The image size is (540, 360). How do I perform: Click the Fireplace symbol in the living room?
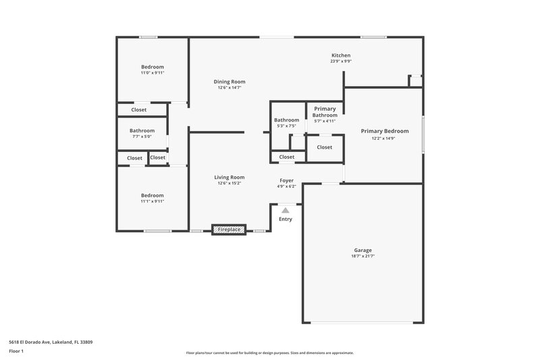point(230,230)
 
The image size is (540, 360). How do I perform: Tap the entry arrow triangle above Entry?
point(286,211)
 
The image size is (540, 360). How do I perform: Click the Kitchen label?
point(341,55)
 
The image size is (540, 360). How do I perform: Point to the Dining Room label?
point(230,82)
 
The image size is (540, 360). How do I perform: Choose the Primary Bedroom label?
point(384,131)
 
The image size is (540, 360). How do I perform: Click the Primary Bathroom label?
point(325,112)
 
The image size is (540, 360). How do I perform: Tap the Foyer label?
point(287,180)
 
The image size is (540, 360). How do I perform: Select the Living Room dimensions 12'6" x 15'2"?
point(230,183)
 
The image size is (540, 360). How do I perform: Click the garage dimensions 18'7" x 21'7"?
point(362,256)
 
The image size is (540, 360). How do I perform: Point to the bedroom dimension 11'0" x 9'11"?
point(153,73)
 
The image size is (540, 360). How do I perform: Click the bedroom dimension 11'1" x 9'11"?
point(153,201)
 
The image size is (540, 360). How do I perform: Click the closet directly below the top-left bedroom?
point(139,109)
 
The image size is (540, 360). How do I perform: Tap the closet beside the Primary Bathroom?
point(325,147)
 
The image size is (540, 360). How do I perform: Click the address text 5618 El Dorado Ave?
point(51,342)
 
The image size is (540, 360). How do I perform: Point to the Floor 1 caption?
point(16,351)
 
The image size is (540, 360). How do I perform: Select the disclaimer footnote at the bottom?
point(270,353)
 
